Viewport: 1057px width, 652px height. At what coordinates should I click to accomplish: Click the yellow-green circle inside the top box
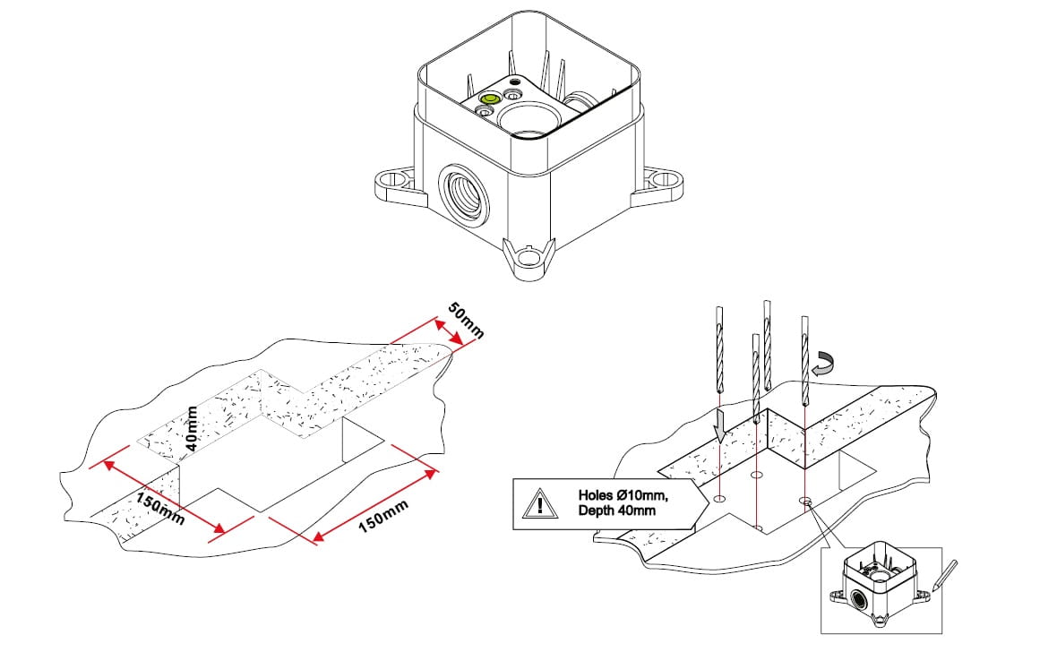pyautogui.click(x=490, y=100)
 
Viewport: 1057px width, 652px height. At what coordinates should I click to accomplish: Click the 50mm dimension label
pyautogui.click(x=466, y=322)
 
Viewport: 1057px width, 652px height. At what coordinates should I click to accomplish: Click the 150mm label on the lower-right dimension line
pyautogui.click(x=382, y=517)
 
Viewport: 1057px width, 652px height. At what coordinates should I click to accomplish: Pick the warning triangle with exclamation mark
pyautogui.click(x=538, y=503)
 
